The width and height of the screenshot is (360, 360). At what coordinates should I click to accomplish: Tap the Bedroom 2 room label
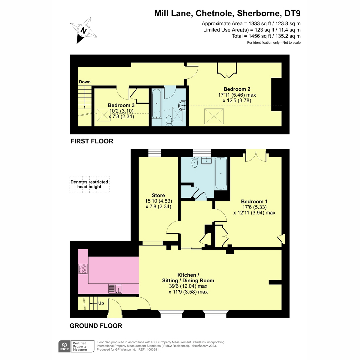click(237, 89)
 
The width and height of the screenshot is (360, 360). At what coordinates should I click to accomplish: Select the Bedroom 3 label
click(121, 105)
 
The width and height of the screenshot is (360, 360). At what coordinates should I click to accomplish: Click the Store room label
click(158, 195)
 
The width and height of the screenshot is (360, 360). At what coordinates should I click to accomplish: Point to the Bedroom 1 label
click(254, 201)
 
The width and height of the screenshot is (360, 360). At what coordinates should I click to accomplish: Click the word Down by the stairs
click(85, 82)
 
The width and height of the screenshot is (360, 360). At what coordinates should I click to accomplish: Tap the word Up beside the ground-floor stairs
click(101, 303)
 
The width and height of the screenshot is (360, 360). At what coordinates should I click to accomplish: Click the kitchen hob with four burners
click(83, 269)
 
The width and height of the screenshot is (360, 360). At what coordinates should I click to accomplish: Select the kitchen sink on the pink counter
click(115, 289)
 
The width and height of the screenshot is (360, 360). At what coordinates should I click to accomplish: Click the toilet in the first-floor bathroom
click(169, 121)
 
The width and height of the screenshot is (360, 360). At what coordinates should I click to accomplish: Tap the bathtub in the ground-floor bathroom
click(220, 174)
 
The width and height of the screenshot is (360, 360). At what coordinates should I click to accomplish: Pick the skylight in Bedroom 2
click(214, 116)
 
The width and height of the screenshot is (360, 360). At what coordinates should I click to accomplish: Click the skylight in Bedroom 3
click(104, 115)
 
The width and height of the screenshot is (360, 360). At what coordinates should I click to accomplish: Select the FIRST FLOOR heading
click(92, 141)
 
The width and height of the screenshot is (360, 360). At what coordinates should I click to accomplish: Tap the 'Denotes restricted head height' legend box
click(89, 184)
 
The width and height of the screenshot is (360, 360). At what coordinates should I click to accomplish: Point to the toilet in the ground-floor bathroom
click(194, 163)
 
